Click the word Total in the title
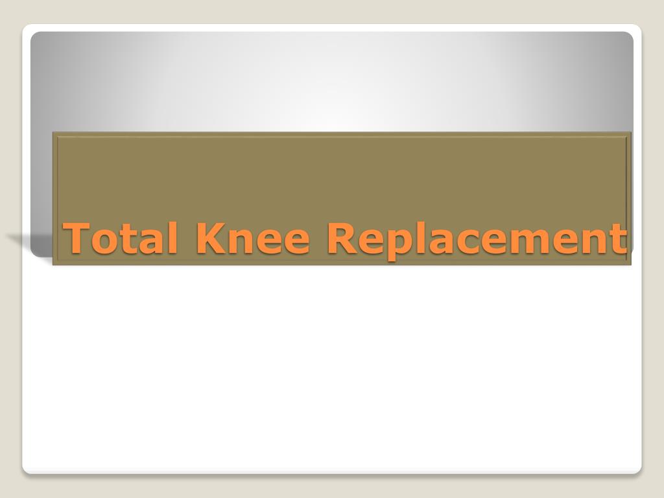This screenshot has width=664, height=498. click(121, 238)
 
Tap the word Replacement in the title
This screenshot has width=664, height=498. click(477, 238)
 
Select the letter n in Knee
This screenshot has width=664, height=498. click(238, 241)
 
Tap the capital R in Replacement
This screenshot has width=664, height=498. click(340, 238)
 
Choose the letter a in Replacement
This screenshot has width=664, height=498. click(433, 241)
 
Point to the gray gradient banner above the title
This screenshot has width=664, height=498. click(332, 81)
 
